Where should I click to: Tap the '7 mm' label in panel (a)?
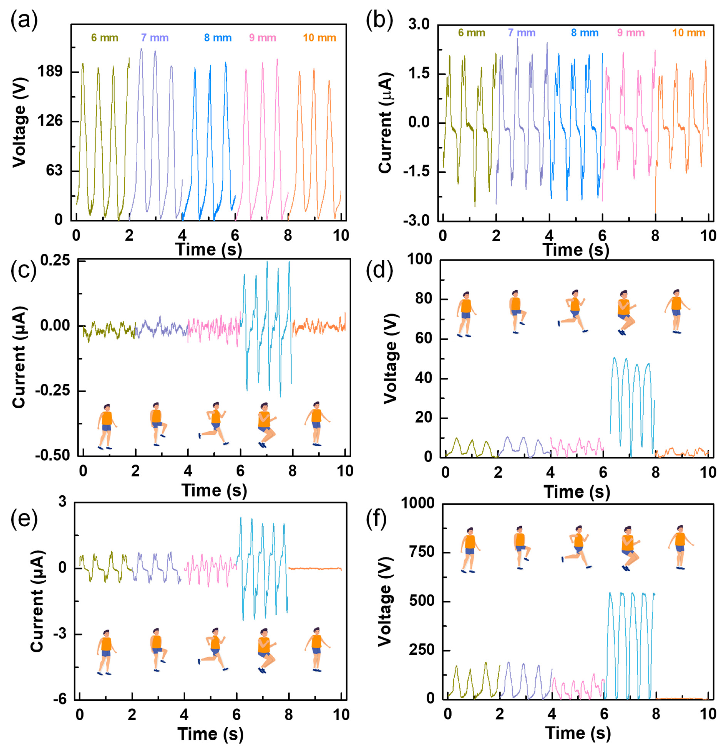pos(154,38)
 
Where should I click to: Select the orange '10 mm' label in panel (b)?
pos(688,33)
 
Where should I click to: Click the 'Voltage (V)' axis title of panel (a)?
pos(19,122)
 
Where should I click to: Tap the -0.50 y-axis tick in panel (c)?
pos(53,456)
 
